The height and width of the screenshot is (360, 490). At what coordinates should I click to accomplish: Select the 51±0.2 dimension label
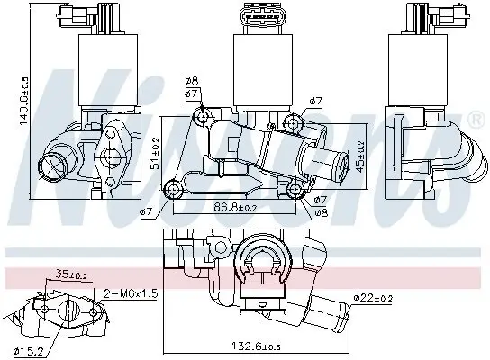155,152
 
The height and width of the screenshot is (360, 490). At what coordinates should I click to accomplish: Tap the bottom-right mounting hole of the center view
295,190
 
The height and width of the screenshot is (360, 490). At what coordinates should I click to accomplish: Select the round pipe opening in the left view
53,165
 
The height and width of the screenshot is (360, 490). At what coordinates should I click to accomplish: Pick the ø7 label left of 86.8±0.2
145,211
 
